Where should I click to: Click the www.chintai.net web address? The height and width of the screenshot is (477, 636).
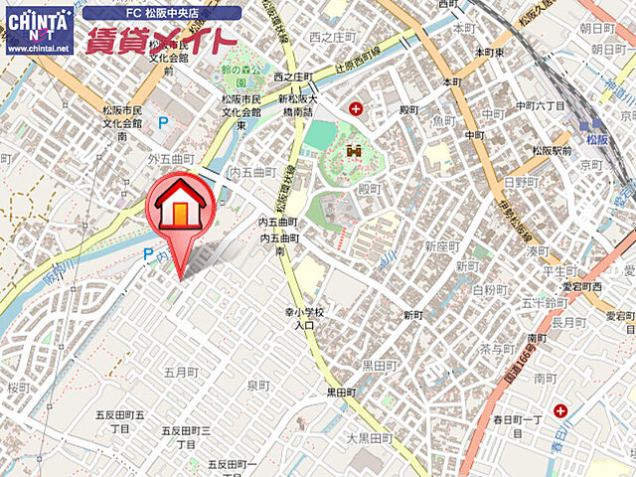(x=39, y=48)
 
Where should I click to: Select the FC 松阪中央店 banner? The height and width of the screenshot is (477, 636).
(x=162, y=13)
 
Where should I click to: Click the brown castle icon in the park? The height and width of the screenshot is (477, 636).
(x=353, y=152)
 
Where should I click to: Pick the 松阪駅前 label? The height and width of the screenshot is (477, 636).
(x=550, y=151)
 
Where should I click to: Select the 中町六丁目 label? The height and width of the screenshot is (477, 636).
(x=541, y=105)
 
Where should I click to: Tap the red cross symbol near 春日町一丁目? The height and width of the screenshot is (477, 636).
(x=561, y=409)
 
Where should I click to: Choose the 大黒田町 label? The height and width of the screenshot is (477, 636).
(x=371, y=437)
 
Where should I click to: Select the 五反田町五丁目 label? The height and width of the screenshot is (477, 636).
(x=120, y=421)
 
